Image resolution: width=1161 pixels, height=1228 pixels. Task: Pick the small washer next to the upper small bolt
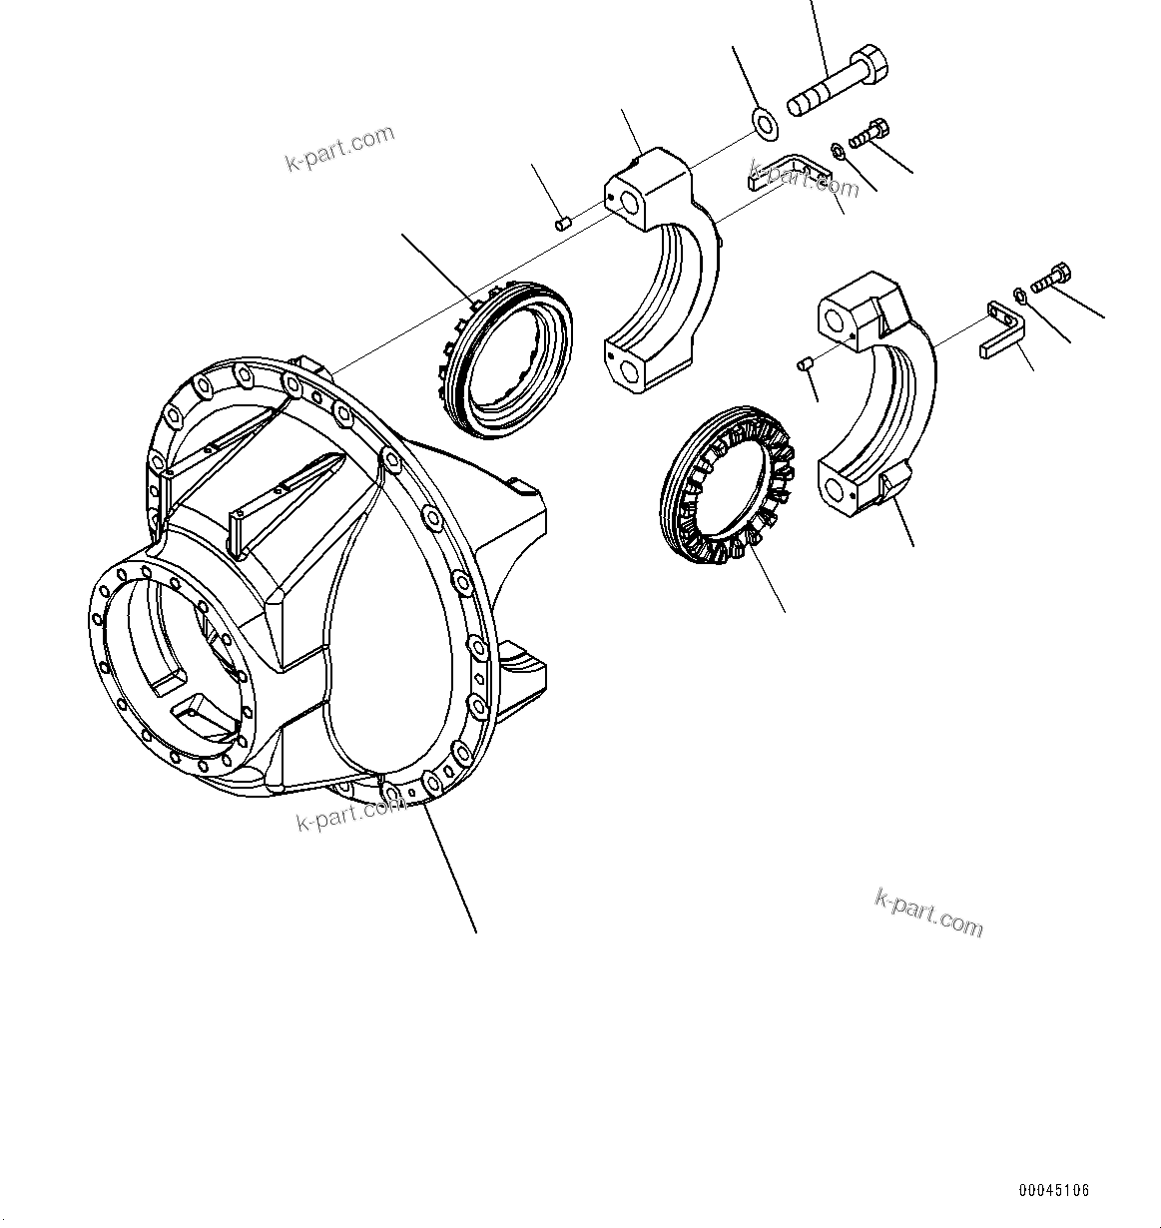[x=838, y=151]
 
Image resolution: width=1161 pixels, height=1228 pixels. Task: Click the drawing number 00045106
[x=1054, y=1190]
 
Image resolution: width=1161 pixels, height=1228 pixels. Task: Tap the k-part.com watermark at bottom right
[x=928, y=913]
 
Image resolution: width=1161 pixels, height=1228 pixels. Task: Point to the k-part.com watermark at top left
[x=340, y=148]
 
